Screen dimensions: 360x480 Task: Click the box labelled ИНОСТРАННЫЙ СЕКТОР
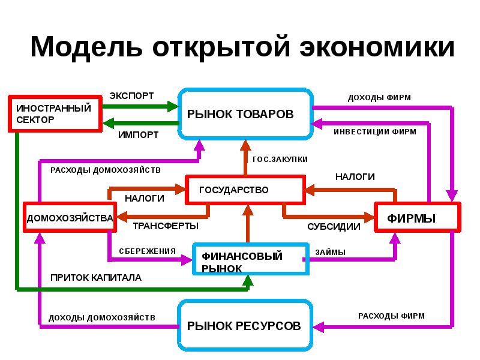(54, 113)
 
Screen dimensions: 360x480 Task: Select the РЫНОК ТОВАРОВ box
(245, 114)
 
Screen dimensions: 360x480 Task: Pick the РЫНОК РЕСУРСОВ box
(245, 326)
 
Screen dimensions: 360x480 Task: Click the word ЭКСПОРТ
(131, 96)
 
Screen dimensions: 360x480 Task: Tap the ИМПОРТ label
(139, 134)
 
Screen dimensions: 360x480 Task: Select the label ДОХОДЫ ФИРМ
(379, 97)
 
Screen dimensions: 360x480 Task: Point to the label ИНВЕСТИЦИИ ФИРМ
(375, 131)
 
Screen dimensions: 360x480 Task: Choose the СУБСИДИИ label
(334, 227)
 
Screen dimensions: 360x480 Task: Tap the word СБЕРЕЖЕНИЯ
(147, 251)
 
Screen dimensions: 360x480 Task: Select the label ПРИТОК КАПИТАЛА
(96, 278)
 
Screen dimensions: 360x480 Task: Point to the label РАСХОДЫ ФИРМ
(391, 316)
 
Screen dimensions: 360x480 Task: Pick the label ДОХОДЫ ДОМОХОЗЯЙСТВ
(102, 317)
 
